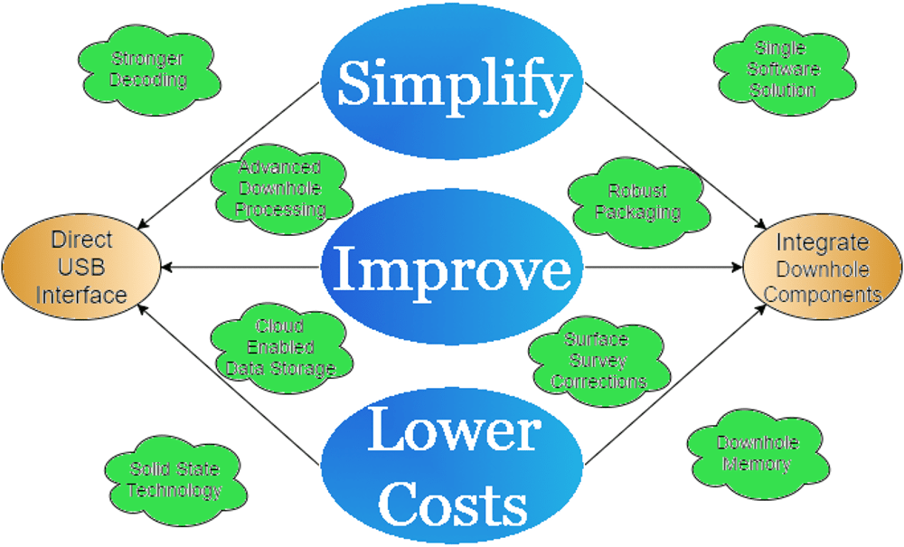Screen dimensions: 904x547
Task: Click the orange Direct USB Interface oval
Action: [82, 268]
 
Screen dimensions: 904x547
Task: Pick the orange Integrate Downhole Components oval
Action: [823, 268]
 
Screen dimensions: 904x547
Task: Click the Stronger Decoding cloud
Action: [148, 70]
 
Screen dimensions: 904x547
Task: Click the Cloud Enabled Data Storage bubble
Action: [279, 346]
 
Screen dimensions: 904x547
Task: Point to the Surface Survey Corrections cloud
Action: [598, 360]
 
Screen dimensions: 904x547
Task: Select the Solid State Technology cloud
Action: [174, 479]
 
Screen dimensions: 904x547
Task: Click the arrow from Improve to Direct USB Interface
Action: [240, 267]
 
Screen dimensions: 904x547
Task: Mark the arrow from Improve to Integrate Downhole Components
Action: [664, 267]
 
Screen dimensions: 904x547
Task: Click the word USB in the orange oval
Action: [81, 268]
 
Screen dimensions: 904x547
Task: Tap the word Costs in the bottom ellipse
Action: [453, 499]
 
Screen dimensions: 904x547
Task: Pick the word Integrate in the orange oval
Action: [822, 243]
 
